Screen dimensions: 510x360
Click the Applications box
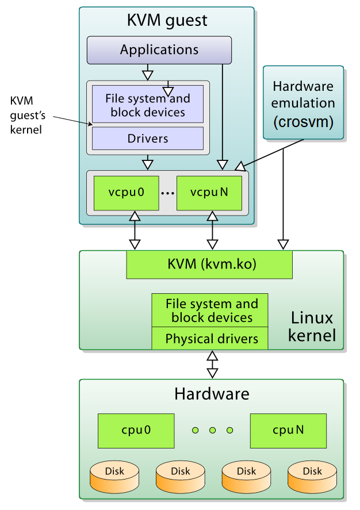[159, 50]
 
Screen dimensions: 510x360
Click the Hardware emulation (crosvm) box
[303, 103]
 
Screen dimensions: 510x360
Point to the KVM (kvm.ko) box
[209, 265]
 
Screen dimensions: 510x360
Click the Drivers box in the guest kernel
[148, 139]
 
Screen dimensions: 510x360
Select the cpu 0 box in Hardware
[135, 430]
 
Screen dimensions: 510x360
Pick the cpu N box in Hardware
[288, 430]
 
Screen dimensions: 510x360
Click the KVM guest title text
[167, 22]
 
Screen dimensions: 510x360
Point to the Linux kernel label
[312, 326]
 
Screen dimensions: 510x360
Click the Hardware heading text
[212, 394]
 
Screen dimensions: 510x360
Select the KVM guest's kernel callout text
[26, 114]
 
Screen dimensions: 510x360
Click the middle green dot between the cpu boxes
[212, 430]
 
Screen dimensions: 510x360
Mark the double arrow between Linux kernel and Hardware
[212, 364]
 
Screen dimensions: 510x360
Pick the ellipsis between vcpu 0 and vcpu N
[167, 193]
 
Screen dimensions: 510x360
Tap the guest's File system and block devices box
[148, 105]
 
